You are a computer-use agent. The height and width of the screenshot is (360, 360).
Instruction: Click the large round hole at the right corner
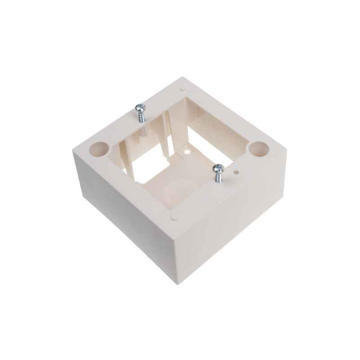coord(258,148)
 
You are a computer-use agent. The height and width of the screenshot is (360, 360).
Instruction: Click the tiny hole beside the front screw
coord(236,171)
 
